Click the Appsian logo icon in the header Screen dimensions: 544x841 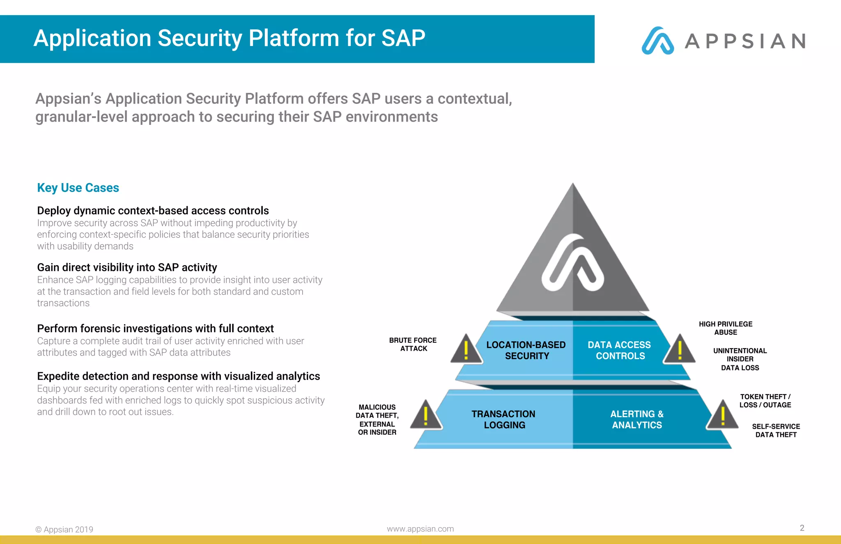[657, 41]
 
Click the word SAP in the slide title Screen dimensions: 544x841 [403, 38]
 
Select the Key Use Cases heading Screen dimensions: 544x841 [78, 188]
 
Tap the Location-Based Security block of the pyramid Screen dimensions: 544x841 [526, 350]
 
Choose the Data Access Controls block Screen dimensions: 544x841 [619, 350]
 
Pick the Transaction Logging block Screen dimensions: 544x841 [503, 419]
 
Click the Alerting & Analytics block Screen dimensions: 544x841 [637, 419]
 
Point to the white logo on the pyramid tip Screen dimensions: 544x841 [572, 263]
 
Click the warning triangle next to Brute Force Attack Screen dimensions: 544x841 [466, 350]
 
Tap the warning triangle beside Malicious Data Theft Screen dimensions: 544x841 [426, 416]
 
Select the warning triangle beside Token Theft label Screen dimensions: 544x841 [722, 415]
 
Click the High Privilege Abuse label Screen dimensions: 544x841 [726, 328]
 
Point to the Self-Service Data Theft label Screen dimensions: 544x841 [776, 430]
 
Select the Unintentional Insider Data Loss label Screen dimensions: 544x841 [740, 359]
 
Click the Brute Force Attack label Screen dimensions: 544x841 [413, 344]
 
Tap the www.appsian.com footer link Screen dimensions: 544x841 [420, 529]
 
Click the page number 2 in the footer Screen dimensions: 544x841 [802, 528]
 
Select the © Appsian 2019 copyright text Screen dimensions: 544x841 [64, 529]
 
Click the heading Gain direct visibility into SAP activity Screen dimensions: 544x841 [127, 267]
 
